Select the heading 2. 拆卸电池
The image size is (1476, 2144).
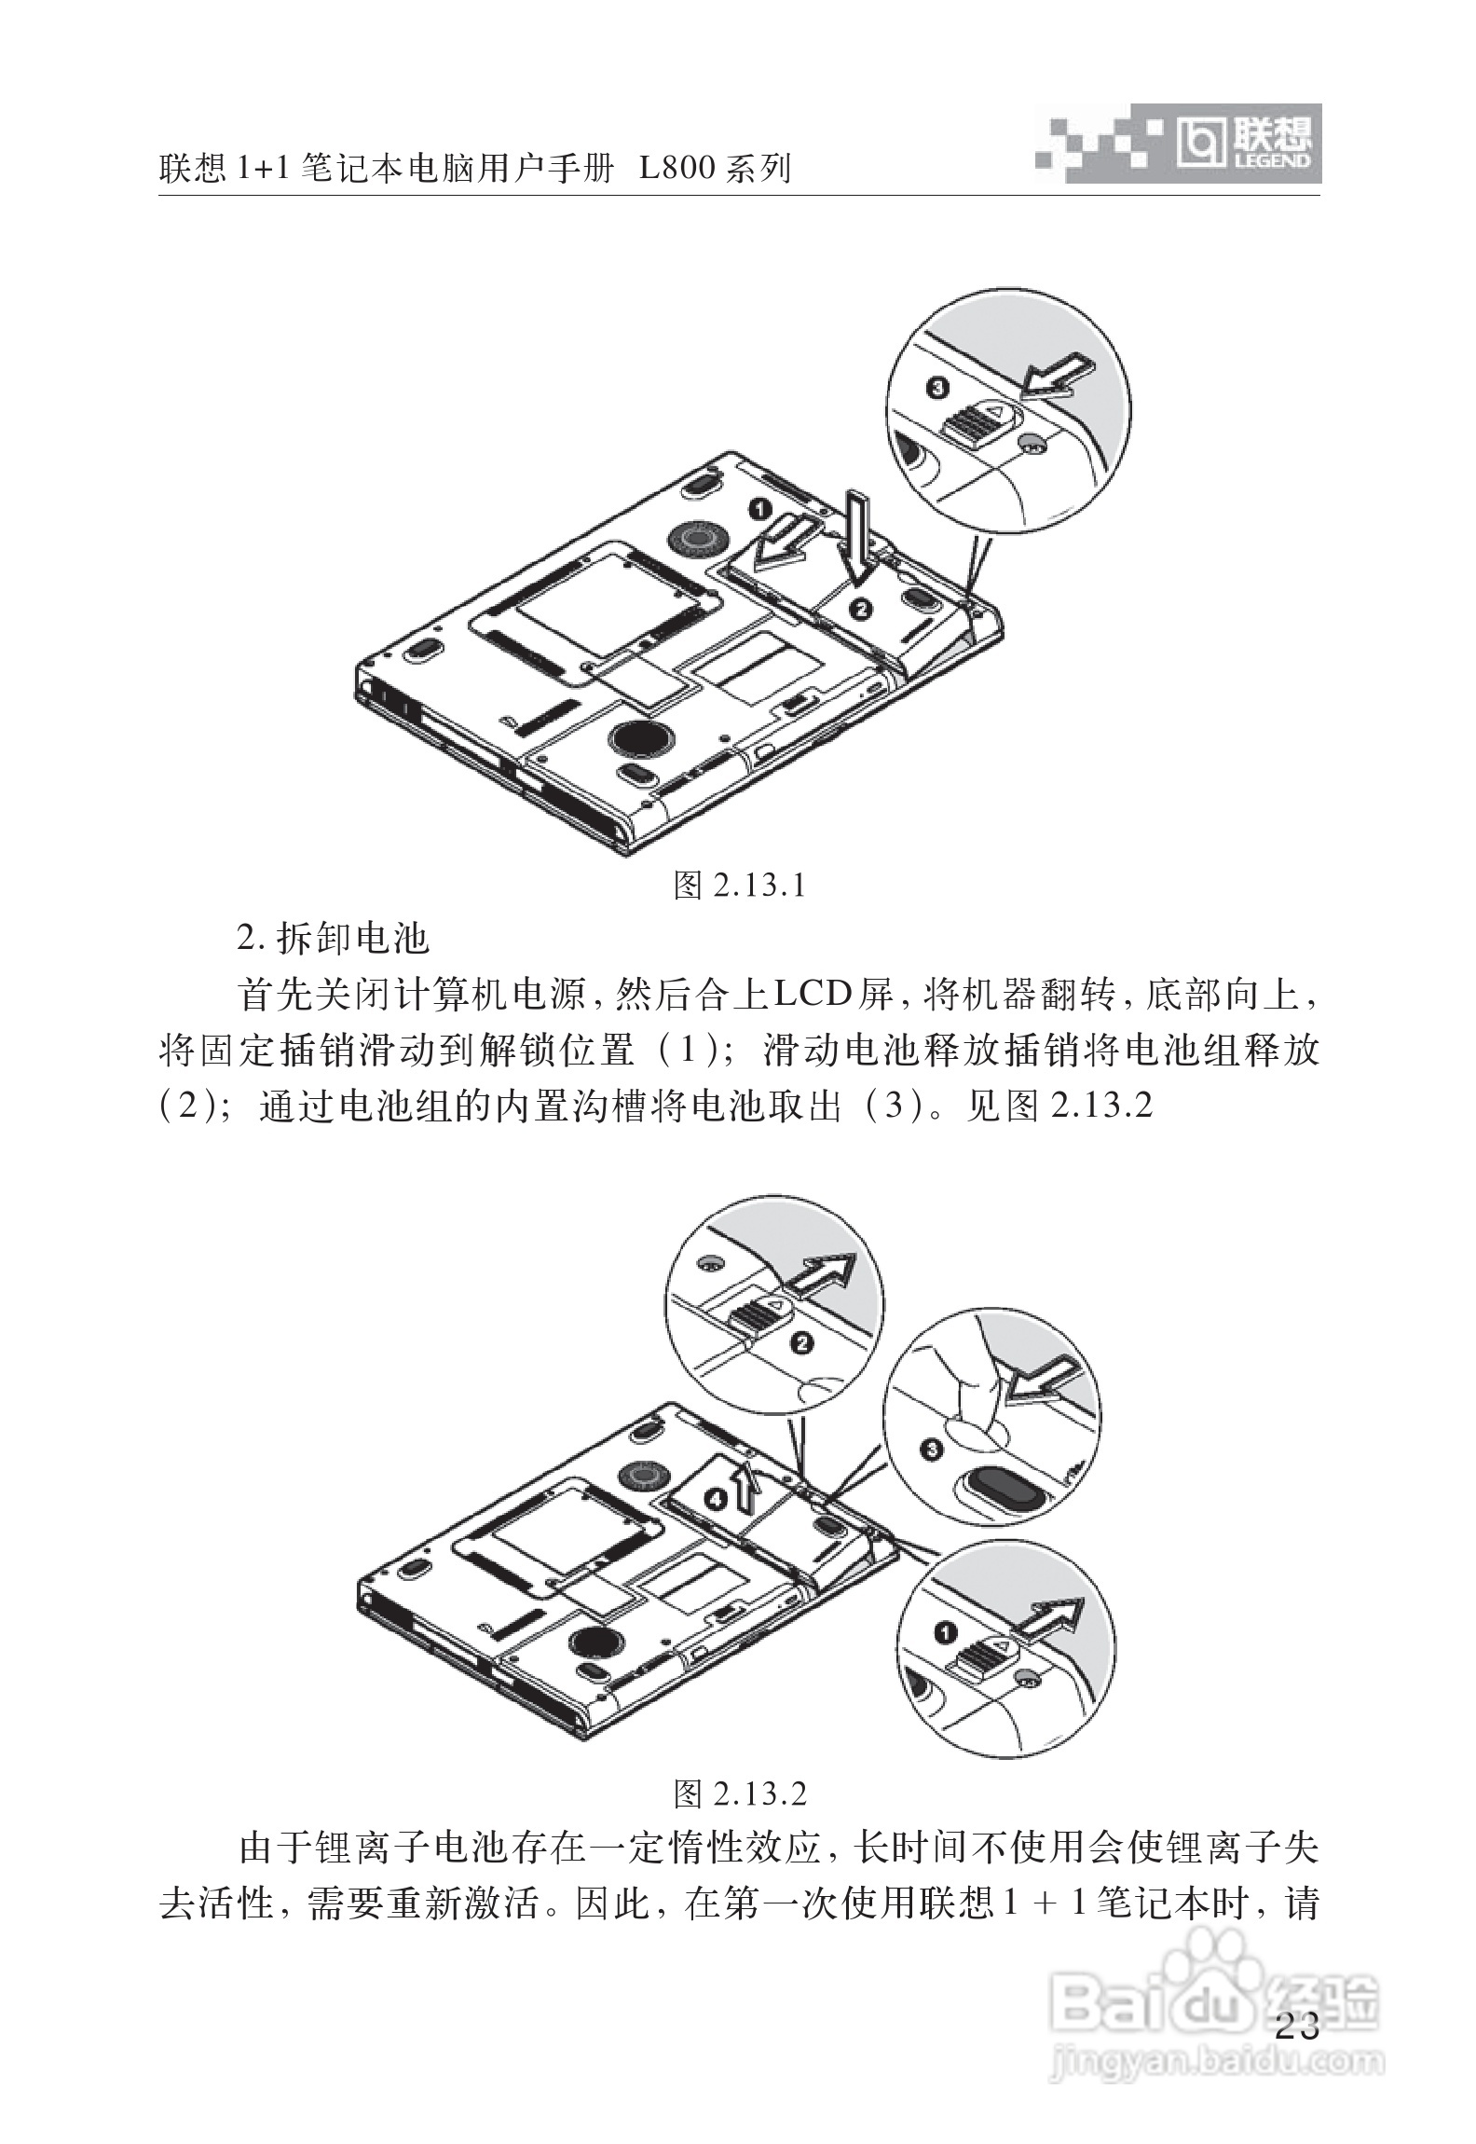333,939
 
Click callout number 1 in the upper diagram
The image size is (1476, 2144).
761,510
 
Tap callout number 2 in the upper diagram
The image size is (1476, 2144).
861,609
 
